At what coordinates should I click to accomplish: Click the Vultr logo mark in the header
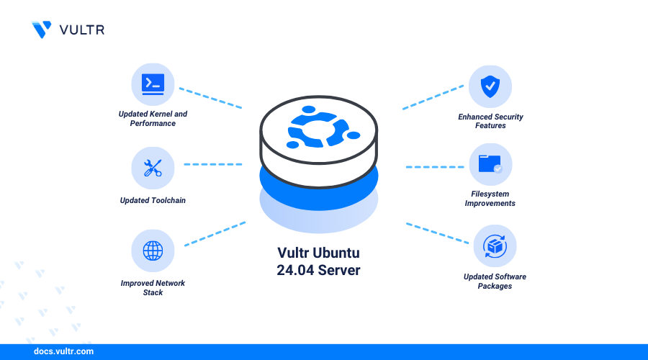(42, 30)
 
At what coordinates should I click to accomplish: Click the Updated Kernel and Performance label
(153, 119)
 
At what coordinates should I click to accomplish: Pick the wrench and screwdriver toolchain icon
(153, 168)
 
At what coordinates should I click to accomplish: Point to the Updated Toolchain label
(153, 201)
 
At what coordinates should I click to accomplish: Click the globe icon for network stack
(153, 251)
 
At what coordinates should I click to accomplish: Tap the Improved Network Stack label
(153, 288)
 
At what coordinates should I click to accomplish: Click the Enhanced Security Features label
(490, 121)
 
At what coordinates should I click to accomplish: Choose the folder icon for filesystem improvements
(490, 164)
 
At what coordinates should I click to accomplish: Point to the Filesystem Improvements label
(490, 199)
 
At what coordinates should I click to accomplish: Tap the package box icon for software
(495, 246)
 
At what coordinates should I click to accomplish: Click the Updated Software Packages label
(495, 282)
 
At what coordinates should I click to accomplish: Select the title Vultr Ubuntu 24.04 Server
(319, 261)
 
